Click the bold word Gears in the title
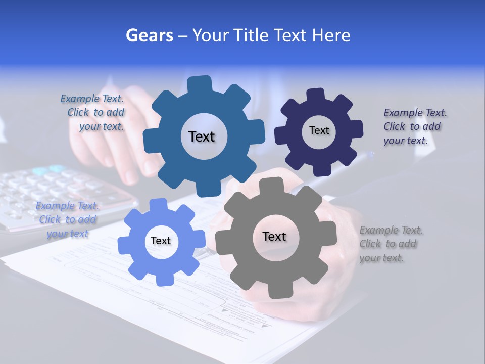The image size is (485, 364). (x=150, y=35)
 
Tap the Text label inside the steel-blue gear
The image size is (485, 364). (x=202, y=136)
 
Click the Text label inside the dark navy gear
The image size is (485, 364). (x=319, y=130)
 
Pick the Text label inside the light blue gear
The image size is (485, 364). (x=161, y=241)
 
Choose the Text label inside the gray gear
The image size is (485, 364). (x=274, y=236)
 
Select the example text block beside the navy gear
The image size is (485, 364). (x=415, y=126)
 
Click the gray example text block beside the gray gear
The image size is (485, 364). (x=391, y=244)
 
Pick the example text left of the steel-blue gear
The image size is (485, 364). (x=94, y=113)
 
